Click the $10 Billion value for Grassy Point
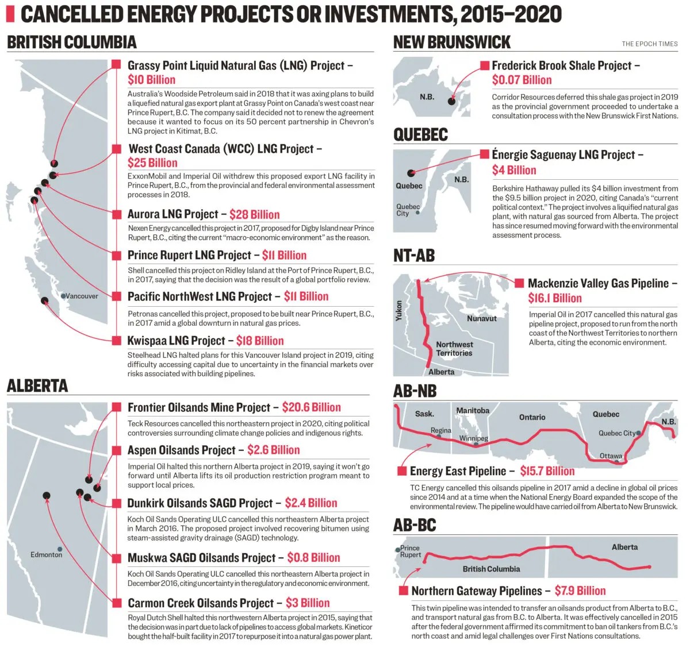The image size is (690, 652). click(x=151, y=80)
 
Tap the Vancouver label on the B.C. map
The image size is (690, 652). click(x=82, y=296)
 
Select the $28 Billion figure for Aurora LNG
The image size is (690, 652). click(x=254, y=214)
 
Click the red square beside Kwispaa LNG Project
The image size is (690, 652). click(x=117, y=340)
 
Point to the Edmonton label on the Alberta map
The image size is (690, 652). click(x=46, y=554)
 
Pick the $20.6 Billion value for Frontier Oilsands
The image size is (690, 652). click(x=311, y=407)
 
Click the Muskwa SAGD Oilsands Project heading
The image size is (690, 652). click(x=201, y=557)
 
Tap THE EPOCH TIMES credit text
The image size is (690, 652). click(x=649, y=44)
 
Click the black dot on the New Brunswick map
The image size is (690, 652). click(x=452, y=102)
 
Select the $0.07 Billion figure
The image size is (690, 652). click(x=522, y=80)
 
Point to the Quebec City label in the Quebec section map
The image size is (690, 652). click(x=408, y=210)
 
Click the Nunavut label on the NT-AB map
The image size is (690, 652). click(x=481, y=318)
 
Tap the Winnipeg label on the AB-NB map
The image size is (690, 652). click(x=473, y=438)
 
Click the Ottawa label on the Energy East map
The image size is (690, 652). click(x=611, y=456)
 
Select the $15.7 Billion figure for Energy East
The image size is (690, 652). click(x=547, y=471)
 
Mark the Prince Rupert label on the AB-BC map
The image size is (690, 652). click(x=411, y=551)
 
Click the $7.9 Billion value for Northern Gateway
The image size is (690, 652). click(x=580, y=591)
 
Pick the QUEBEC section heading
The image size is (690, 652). click(x=420, y=134)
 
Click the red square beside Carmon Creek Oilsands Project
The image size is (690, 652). click(x=117, y=603)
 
